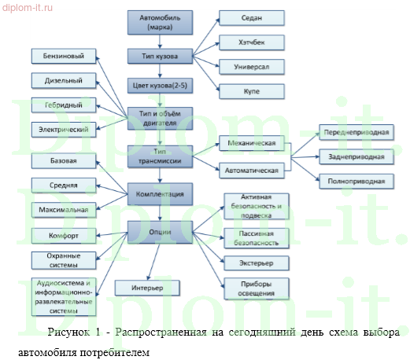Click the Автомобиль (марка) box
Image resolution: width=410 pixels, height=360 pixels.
(159, 23)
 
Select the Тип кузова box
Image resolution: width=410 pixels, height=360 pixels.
(159, 57)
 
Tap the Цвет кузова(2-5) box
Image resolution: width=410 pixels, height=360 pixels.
(159, 85)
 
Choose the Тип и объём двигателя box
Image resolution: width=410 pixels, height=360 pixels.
(159, 117)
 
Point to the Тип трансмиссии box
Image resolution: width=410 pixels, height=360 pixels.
(159, 154)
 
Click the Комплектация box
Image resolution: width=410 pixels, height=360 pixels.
(159, 194)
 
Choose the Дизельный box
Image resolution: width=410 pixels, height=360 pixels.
(64, 79)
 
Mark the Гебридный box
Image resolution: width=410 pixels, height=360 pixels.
(64, 104)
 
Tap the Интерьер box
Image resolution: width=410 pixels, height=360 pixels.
(148, 288)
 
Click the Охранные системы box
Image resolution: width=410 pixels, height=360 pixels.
(64, 259)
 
